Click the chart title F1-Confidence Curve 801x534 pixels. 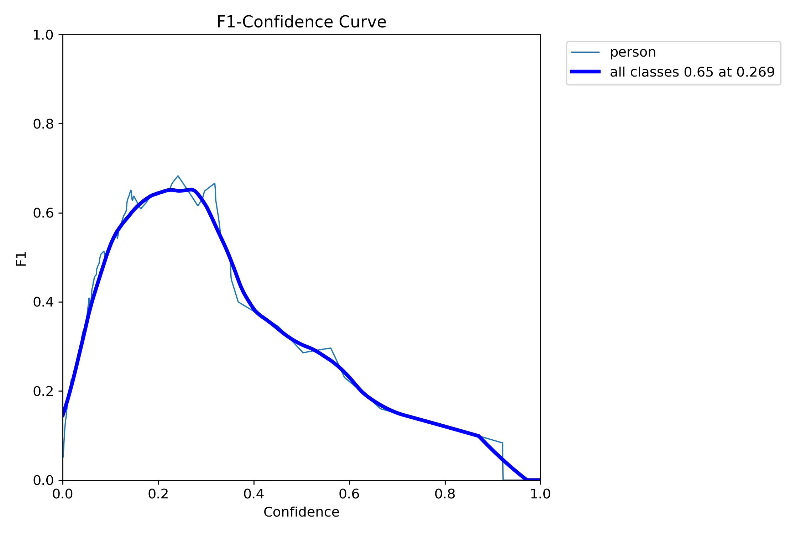[x=301, y=22]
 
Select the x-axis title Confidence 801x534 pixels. [x=301, y=512]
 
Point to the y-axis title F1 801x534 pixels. [x=21, y=259]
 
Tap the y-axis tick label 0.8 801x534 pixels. [x=43, y=124]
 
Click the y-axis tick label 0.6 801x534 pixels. [x=43, y=213]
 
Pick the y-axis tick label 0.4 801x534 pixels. [x=43, y=302]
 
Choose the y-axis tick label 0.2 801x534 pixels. [x=43, y=391]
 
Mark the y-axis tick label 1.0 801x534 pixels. [x=43, y=35]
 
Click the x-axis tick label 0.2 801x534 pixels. [x=158, y=494]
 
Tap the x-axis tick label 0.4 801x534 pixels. [x=254, y=494]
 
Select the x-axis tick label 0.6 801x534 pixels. [x=349, y=494]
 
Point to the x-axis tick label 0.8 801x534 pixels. [x=445, y=494]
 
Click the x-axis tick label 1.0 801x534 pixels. [x=540, y=494]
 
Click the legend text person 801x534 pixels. [x=633, y=52]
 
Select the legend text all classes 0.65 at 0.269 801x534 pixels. [x=692, y=72]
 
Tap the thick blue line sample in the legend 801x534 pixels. [x=585, y=72]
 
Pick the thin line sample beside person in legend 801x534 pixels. [x=585, y=52]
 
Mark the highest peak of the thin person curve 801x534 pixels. [x=178, y=176]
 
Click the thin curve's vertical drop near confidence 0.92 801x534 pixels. [x=503, y=463]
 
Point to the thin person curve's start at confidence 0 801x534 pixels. [x=63, y=456]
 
